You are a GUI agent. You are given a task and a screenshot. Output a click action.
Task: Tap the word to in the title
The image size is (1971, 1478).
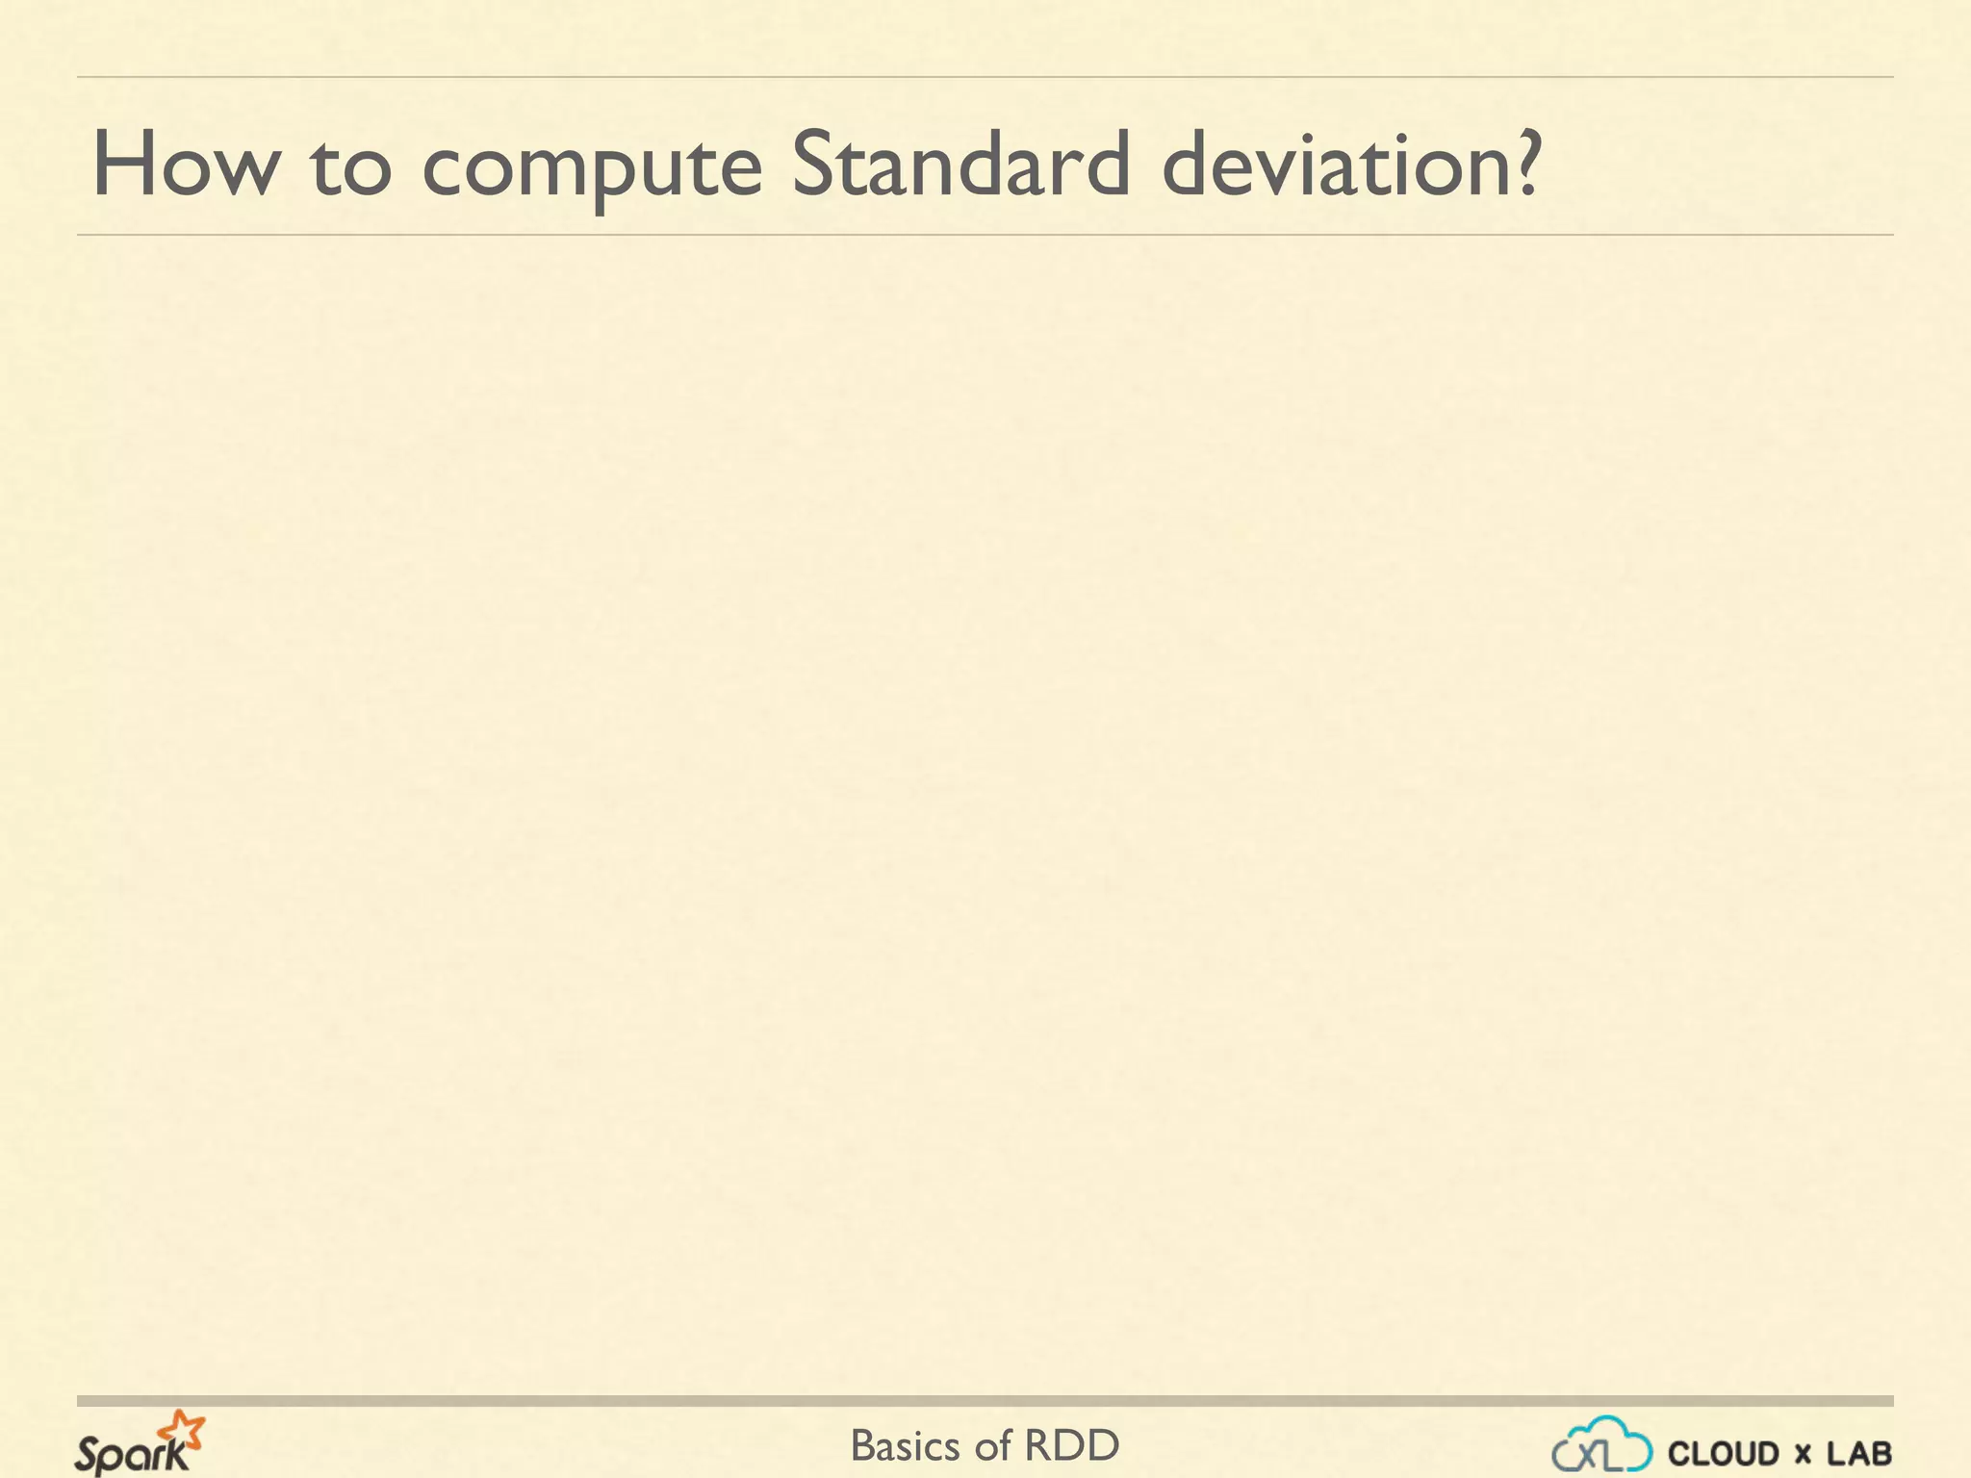tap(351, 167)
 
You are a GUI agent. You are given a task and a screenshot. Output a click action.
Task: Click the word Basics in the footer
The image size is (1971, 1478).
tap(906, 1446)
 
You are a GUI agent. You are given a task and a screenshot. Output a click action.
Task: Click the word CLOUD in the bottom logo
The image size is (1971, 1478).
tap(1723, 1454)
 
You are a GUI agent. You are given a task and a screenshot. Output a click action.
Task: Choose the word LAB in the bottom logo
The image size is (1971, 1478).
tap(1859, 1454)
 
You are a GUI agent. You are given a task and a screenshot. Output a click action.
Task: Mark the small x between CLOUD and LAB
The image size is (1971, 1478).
tap(1803, 1455)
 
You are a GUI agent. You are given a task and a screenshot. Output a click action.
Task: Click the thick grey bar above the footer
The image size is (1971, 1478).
tap(985, 1401)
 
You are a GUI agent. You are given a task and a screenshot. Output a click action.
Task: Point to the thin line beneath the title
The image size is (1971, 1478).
tap(985, 235)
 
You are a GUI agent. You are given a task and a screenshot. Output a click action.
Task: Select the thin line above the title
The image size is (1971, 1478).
tap(985, 77)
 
